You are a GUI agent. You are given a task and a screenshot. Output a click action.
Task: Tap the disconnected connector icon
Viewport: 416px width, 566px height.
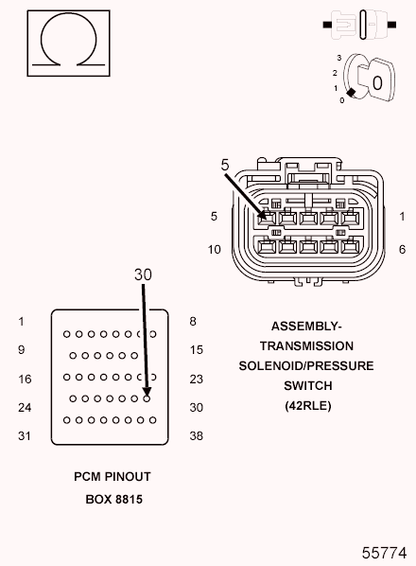(363, 22)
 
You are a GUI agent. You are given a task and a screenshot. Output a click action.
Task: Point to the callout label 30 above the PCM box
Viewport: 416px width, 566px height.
(143, 274)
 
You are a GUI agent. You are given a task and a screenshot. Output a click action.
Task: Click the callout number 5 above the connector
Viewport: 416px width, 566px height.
(225, 165)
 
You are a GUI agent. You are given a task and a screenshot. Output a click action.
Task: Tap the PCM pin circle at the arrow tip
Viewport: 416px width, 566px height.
(147, 398)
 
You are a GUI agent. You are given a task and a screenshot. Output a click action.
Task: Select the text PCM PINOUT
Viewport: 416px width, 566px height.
(112, 477)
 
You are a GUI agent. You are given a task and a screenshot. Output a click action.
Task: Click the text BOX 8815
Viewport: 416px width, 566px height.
(112, 498)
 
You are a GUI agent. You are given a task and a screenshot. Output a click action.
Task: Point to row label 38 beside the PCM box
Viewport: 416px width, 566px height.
(197, 437)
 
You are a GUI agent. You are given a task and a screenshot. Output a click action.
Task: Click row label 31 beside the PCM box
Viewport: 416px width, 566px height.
(26, 437)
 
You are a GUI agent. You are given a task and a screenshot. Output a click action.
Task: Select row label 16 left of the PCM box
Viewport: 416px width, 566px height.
(26, 380)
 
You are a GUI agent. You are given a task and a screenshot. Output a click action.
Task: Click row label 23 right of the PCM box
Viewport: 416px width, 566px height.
(197, 380)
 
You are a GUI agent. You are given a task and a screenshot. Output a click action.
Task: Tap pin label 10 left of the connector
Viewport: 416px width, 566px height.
(215, 249)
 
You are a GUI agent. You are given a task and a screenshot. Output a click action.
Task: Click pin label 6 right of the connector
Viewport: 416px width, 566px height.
(402, 249)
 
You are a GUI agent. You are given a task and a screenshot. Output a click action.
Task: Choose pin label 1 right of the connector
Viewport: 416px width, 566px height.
(402, 216)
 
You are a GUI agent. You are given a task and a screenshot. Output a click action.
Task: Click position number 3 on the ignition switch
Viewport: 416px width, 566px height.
(338, 59)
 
